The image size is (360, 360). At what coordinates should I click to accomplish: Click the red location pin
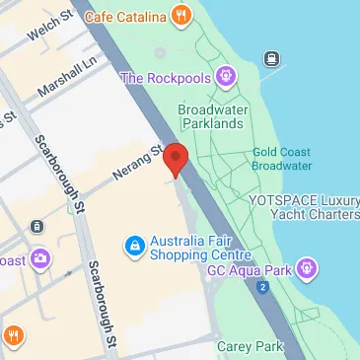[176, 159]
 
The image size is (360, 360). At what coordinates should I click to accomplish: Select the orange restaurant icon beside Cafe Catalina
[180, 15]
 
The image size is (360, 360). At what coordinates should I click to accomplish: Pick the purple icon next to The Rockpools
[225, 75]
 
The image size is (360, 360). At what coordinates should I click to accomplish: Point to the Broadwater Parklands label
[210, 116]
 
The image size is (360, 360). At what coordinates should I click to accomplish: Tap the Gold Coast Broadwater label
[281, 158]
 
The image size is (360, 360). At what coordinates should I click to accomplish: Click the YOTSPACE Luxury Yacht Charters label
[302, 207]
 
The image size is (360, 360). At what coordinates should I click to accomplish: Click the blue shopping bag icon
[133, 244]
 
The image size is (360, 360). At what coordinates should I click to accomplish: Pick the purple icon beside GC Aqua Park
[308, 267]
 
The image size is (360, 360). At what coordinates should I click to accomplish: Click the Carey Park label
[250, 346]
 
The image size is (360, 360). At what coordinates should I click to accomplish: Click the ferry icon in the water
[269, 56]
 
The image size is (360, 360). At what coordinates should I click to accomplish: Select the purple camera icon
[40, 259]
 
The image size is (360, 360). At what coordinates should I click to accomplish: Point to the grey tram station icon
[36, 226]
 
